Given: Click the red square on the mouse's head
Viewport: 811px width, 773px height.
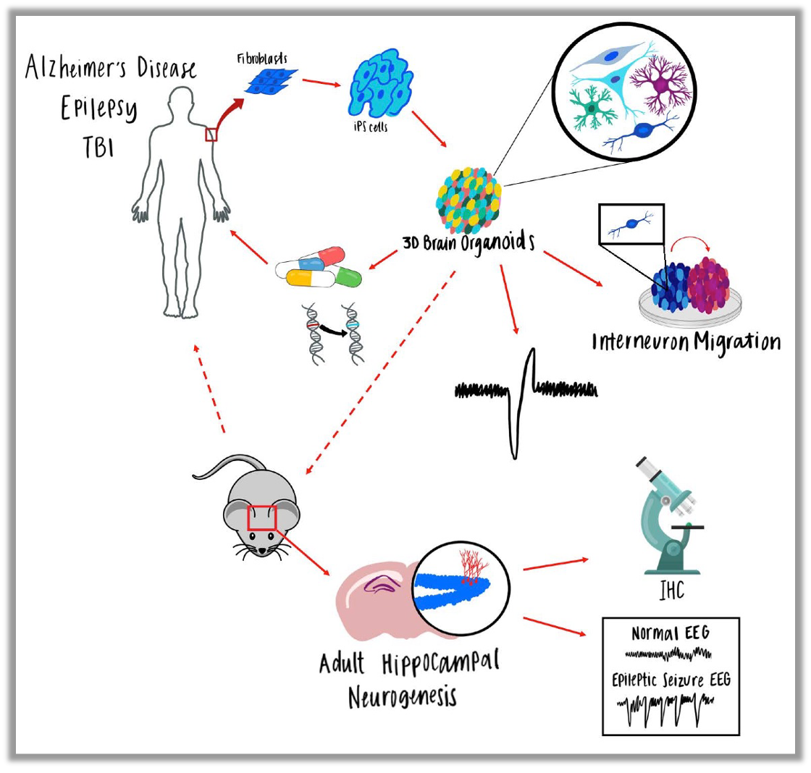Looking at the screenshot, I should pyautogui.click(x=262, y=518).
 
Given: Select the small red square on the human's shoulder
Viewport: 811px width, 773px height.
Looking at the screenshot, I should pyautogui.click(x=211, y=134).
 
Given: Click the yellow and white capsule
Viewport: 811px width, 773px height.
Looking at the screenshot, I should pyautogui.click(x=303, y=276).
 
